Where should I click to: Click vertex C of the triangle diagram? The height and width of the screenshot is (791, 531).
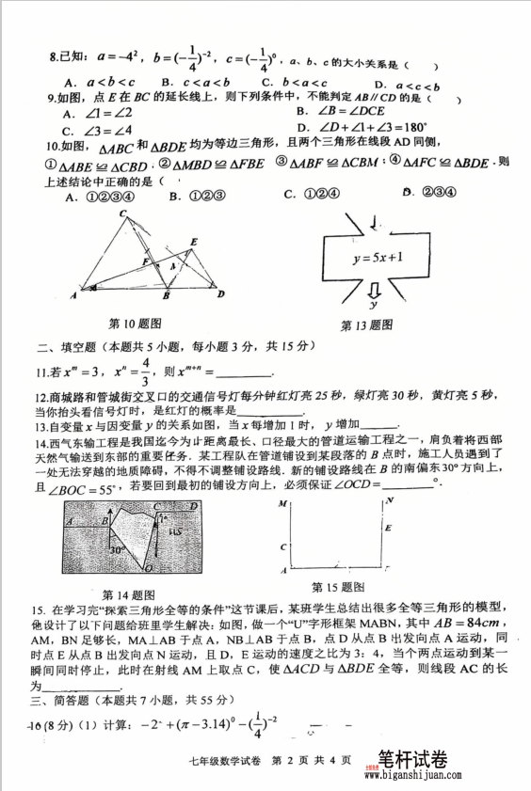pos(123,215)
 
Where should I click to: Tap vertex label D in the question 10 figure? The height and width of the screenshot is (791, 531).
pos(221,294)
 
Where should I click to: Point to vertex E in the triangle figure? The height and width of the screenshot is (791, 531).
pos(193,243)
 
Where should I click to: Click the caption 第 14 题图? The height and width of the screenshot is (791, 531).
pos(128,593)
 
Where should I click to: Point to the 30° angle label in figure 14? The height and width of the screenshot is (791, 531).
pos(116,549)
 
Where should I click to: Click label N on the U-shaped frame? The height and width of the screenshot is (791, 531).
pos(389,501)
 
